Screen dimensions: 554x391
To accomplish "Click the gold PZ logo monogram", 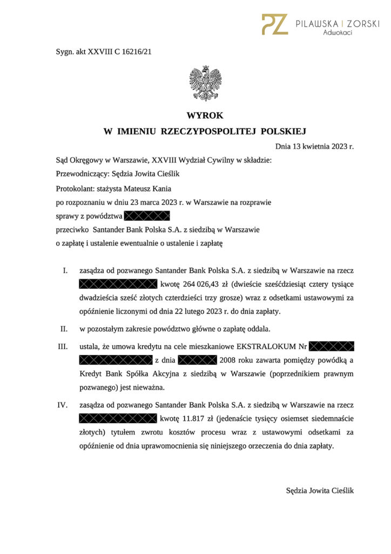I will click(275, 24).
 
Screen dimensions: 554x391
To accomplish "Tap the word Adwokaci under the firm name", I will click(338, 33).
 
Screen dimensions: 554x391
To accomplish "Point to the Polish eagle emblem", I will click(205, 83).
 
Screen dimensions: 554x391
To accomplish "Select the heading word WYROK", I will click(205, 115).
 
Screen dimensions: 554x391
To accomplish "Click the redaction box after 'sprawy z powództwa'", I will click(147, 216).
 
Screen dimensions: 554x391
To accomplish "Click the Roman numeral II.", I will click(63, 328).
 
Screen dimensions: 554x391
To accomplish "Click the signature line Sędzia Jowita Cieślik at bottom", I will click(320, 490).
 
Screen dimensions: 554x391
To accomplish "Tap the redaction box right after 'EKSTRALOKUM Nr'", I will click(333, 346).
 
